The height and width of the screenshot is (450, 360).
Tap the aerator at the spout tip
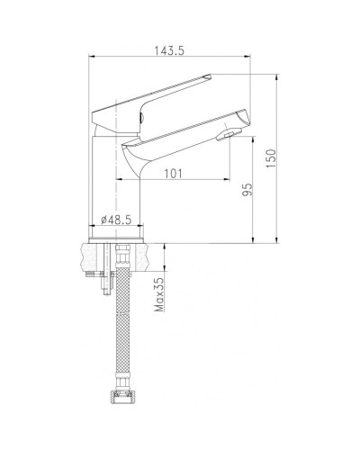230,136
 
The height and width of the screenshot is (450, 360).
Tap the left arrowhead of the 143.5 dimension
92,60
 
